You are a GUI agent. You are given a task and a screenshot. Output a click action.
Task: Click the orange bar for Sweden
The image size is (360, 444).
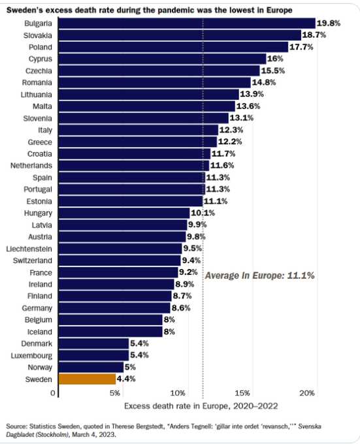point(88,379)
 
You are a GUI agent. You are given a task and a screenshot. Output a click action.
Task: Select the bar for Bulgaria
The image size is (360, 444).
point(187,24)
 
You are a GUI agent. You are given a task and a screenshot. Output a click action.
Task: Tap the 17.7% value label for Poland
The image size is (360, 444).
point(301,47)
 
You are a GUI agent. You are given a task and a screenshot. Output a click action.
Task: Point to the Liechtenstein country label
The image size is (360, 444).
point(29,249)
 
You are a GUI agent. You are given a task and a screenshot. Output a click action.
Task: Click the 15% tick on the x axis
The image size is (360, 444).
point(242,393)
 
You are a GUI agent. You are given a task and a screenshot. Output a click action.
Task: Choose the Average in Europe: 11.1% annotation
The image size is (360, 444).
point(260,276)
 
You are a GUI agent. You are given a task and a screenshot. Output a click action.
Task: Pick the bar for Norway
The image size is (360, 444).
point(91,367)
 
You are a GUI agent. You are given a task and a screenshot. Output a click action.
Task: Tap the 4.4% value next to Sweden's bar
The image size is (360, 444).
point(126,379)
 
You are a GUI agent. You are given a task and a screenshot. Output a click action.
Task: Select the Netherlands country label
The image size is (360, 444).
point(31,165)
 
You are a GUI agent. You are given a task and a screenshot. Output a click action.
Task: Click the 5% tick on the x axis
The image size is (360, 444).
point(115,393)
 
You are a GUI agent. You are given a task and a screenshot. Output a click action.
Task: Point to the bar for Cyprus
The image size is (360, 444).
point(162,59)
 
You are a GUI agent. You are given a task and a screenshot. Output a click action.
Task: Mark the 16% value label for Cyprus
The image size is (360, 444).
point(275,59)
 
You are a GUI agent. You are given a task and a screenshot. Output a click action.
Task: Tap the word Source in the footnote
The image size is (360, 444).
point(16,426)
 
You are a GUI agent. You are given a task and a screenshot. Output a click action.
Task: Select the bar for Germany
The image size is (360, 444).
point(114,308)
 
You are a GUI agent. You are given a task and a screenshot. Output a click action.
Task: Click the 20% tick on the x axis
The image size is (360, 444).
point(307,393)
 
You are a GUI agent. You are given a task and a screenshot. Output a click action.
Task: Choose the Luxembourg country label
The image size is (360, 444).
point(31,355)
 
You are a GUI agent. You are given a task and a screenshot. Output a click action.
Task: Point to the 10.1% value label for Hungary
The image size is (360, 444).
point(203,213)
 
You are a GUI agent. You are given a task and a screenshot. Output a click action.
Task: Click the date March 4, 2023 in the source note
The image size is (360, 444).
point(93,434)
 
